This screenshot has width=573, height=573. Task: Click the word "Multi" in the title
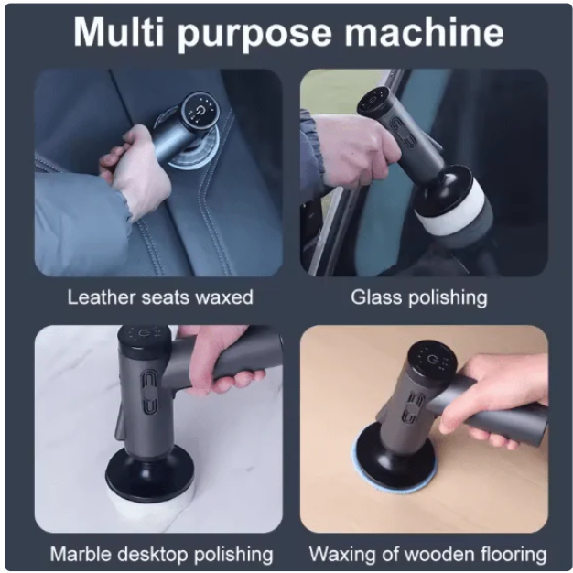pyautogui.click(x=119, y=32)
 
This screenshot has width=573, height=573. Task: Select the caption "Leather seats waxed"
pyautogui.click(x=160, y=297)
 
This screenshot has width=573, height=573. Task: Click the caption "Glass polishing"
pyautogui.click(x=419, y=297)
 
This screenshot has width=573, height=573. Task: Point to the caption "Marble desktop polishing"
pyautogui.click(x=161, y=554)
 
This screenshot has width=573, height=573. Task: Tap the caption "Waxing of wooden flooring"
pyautogui.click(x=427, y=554)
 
